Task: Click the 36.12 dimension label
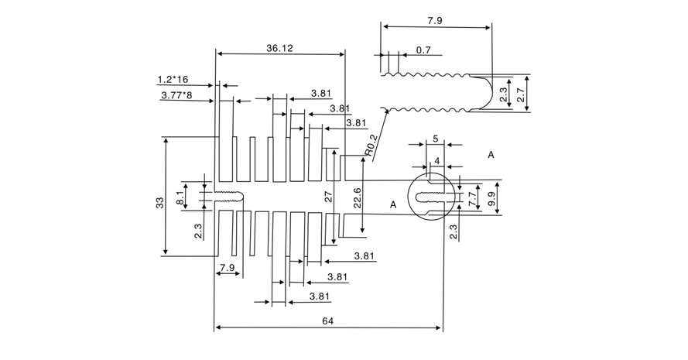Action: click(x=279, y=48)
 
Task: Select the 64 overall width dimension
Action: click(x=328, y=321)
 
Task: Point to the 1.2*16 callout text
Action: click(x=173, y=80)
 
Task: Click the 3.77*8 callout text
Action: click(x=176, y=94)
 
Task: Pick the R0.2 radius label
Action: click(x=371, y=146)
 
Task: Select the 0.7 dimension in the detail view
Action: click(x=423, y=50)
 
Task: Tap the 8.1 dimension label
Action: click(x=180, y=198)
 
